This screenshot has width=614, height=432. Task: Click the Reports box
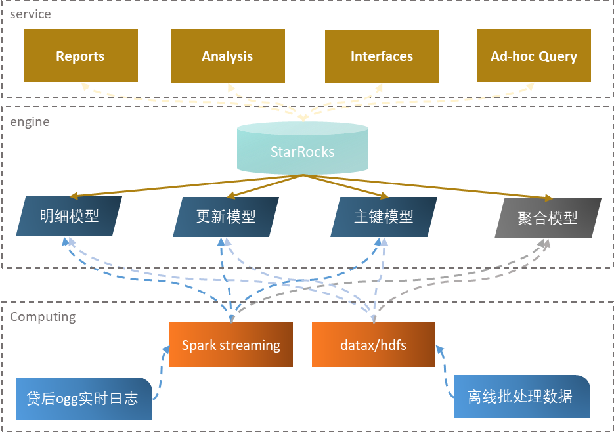tap(81, 56)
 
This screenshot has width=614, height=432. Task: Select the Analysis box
tap(227, 56)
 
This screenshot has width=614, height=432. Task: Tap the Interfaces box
tap(382, 56)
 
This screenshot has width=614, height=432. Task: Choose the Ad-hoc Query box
tap(534, 56)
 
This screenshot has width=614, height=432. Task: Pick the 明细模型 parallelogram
tap(70, 217)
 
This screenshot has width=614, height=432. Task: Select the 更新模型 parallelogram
tap(226, 217)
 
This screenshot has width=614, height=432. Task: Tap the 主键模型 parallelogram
tap(384, 217)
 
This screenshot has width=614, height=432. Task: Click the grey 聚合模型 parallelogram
tap(548, 218)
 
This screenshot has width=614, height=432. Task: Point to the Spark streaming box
tap(230, 345)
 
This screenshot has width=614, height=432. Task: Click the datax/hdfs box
tap(373, 345)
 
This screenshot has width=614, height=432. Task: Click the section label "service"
tap(30, 14)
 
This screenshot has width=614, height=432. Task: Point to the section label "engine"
tap(30, 122)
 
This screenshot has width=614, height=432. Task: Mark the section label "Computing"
tap(43, 317)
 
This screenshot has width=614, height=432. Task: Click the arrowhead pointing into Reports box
tap(83, 85)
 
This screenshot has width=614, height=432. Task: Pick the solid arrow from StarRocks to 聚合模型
tap(427, 186)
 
